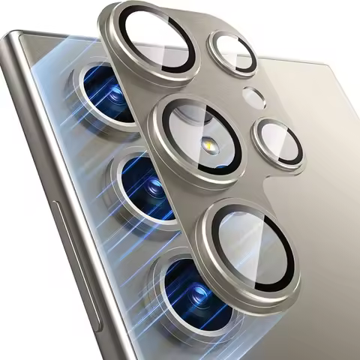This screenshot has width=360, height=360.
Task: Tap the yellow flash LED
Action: click(x=205, y=142)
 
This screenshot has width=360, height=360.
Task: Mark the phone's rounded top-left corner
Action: click(x=16, y=41)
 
